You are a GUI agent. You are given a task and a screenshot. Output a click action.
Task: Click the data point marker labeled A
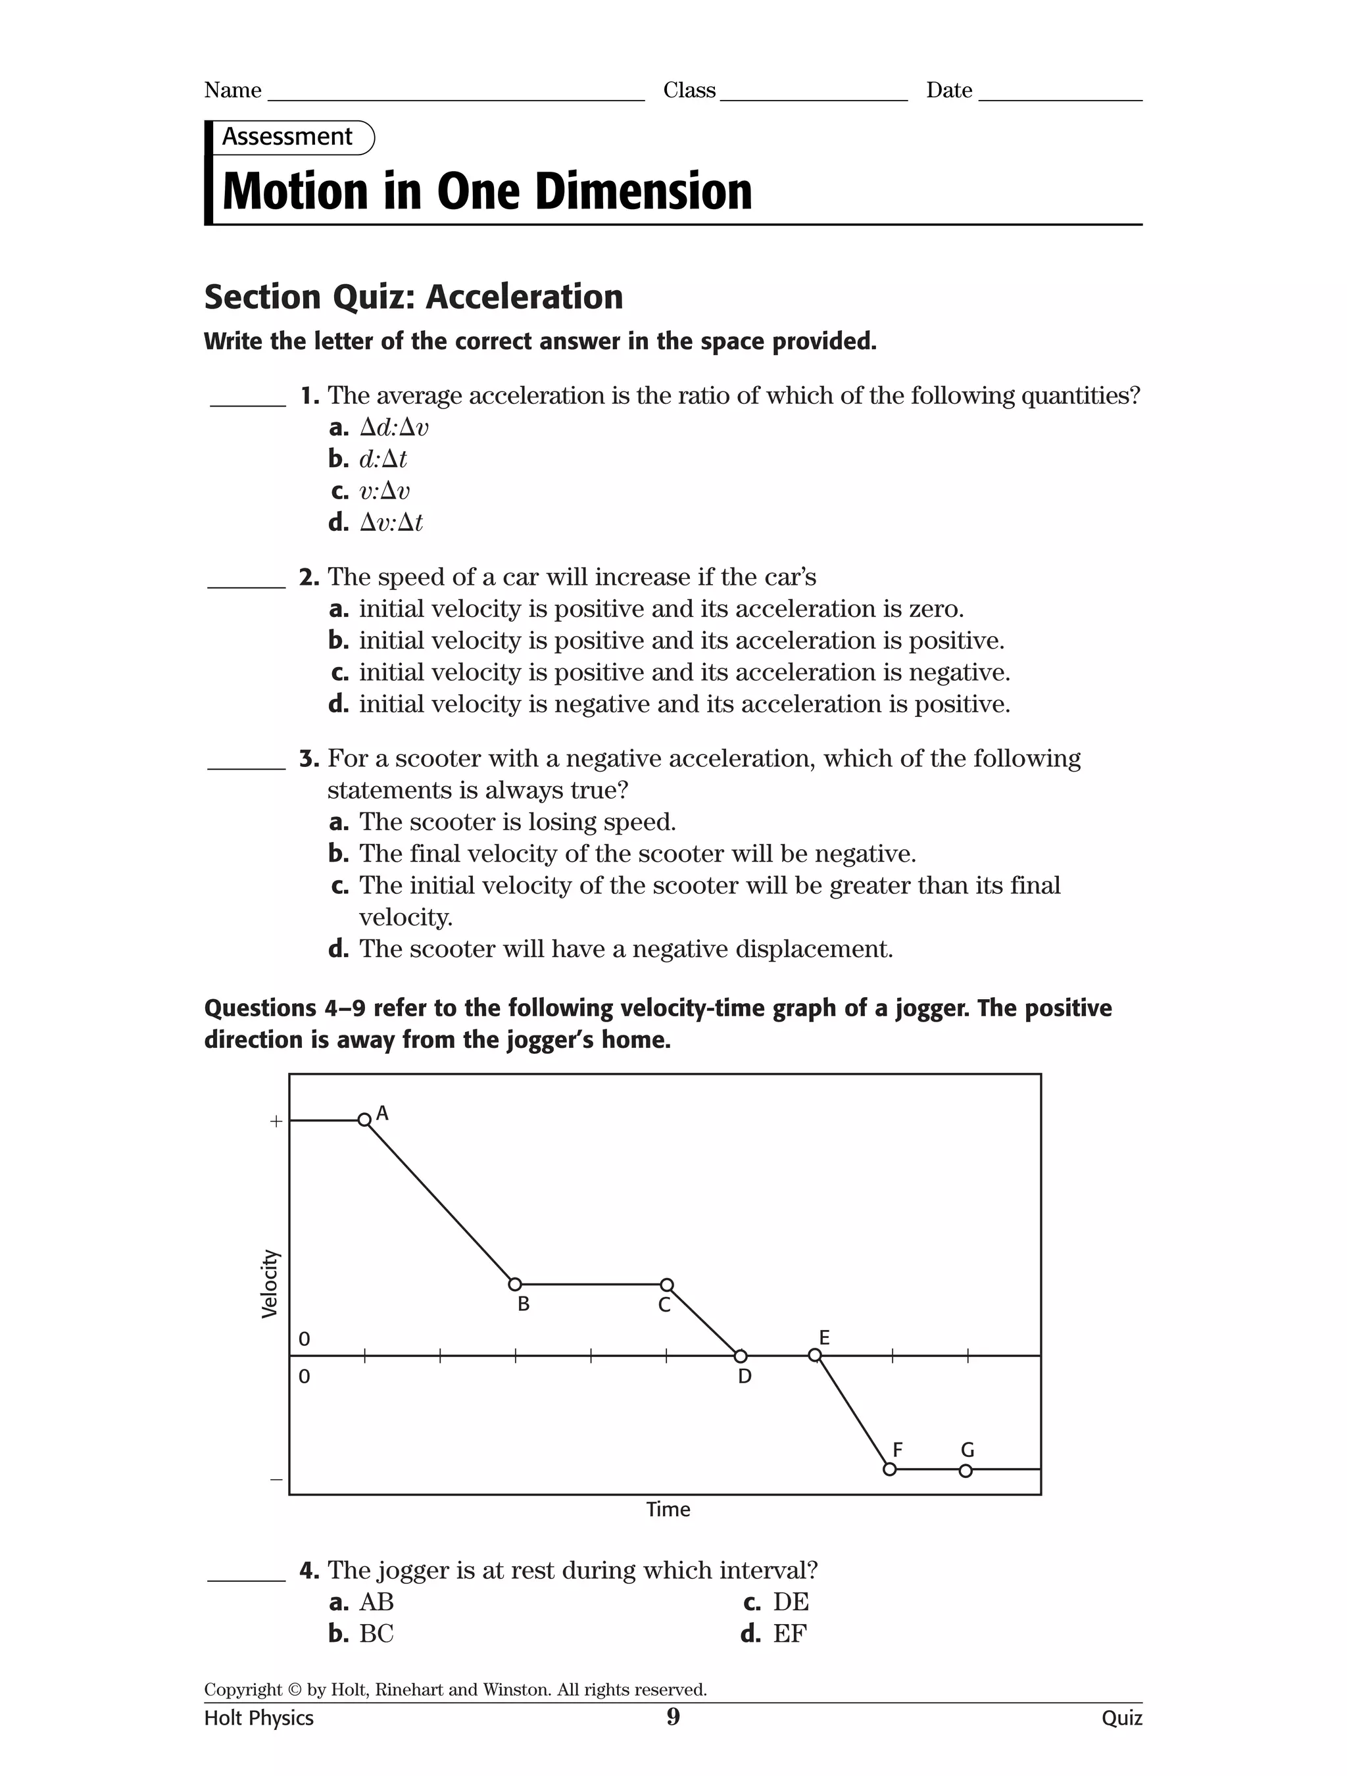364,1120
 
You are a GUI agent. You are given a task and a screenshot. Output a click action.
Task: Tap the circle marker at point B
516,1285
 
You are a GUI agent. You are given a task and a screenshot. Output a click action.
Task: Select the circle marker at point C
666,1285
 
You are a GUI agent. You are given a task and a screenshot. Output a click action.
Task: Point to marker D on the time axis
740,1356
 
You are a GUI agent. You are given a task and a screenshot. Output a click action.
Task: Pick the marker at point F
889,1469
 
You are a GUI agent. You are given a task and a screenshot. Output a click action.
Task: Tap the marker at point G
966,1470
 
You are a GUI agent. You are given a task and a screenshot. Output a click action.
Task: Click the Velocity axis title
270,1284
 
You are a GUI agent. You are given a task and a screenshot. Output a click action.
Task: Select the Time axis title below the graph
668,1510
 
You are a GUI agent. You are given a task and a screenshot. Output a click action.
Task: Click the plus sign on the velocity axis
276,1122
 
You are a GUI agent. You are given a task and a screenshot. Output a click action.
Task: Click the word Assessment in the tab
287,137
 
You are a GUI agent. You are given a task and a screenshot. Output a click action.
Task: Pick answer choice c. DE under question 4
775,1602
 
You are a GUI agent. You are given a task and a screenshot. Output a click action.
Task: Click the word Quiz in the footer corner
1121,1717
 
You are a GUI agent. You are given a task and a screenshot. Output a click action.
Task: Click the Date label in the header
949,90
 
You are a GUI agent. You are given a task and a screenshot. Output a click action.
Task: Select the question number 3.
309,758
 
